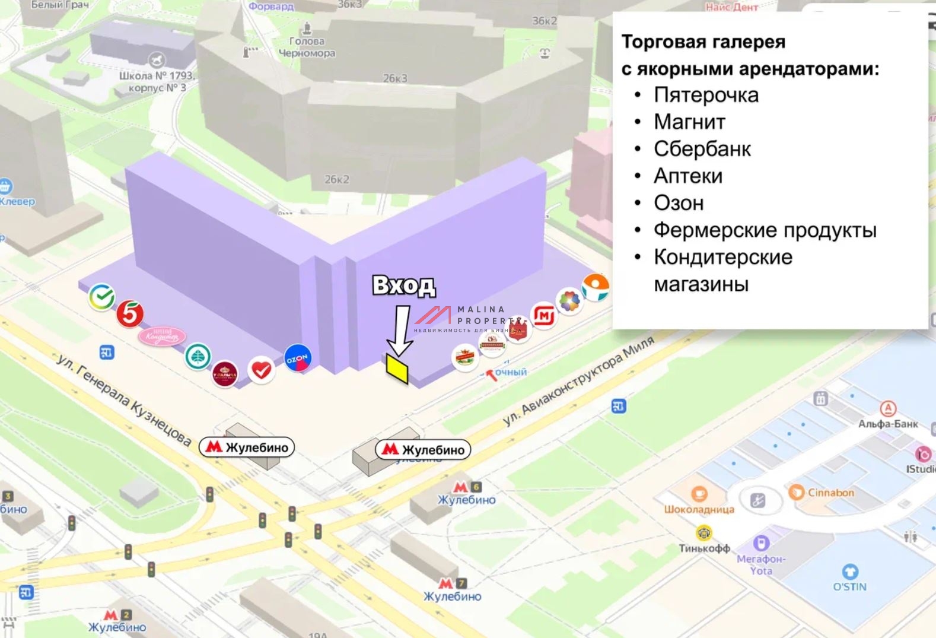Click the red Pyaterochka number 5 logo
pos(130,313)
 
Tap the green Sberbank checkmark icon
pos(102,296)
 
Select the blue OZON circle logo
pos(297,358)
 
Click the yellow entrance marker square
pos(397,368)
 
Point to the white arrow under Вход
pos(401,332)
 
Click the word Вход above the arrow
pos(403,285)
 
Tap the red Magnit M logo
pos(544,315)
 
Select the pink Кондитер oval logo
pos(162,337)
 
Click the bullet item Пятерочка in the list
pos(706,95)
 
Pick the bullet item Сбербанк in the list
pos(702,149)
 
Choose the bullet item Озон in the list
pos(679,203)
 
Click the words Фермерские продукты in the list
pos(765,230)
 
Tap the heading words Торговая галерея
pos(703,42)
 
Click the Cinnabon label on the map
pos(830,493)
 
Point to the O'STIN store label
pos(850,586)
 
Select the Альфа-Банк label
pos(888,424)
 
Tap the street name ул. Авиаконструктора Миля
pos(578,380)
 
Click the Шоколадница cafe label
pos(699,509)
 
